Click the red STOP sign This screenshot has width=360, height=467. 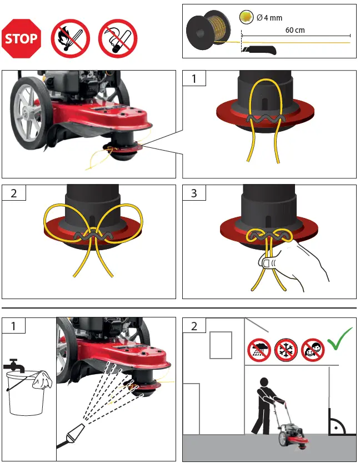[x=22, y=39]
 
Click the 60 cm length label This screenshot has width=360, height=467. [x=295, y=30]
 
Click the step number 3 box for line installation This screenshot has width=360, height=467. [x=194, y=193]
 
